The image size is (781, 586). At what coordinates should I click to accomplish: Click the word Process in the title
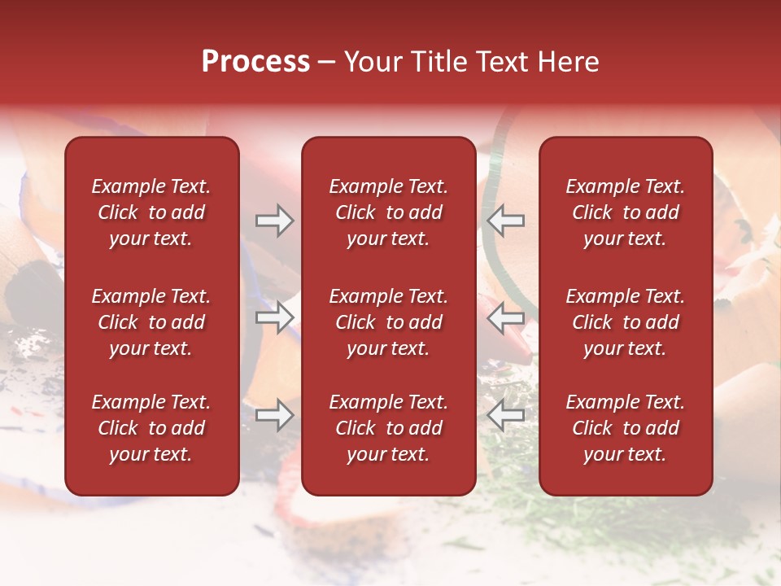tap(255, 62)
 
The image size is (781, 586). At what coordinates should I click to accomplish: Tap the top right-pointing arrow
tap(274, 221)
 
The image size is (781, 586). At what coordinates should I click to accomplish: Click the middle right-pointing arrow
tap(274, 318)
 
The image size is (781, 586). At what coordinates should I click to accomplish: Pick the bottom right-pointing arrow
tap(274, 416)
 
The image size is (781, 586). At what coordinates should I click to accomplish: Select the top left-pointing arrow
tap(506, 221)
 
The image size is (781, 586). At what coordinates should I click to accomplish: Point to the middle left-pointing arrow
tap(506, 318)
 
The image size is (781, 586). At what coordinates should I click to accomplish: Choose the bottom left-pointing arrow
tap(506, 416)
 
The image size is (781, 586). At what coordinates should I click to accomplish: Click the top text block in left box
tap(151, 212)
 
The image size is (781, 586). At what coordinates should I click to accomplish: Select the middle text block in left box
tap(151, 322)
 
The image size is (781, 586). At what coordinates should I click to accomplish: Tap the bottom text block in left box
tap(151, 428)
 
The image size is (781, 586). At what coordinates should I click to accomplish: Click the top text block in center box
tap(388, 212)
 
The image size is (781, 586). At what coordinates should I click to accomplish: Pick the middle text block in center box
tap(388, 322)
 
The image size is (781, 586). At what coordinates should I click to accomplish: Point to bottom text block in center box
tap(388, 428)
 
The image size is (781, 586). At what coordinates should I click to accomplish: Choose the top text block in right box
tap(626, 212)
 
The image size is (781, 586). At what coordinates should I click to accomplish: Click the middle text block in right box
tap(626, 322)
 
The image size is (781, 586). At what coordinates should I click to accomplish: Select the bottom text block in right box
tap(626, 428)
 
